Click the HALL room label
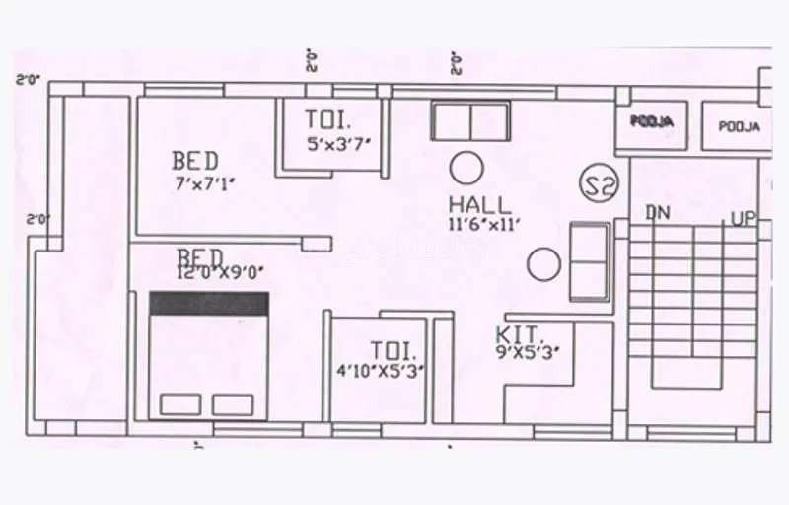coord(480,205)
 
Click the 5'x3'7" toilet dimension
coord(338,142)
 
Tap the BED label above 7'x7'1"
coord(195,160)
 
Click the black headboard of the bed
coord(209,303)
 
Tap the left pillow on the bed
coord(178,404)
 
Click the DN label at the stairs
coord(659,212)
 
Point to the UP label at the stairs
coord(743,218)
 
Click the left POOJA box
coord(653,123)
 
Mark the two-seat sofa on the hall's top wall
coord(470,121)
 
